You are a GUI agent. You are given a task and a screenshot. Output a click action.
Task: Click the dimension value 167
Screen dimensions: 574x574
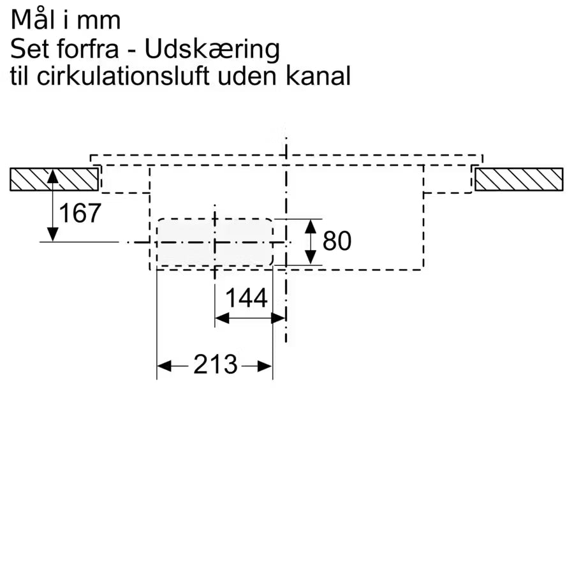coord(80,214)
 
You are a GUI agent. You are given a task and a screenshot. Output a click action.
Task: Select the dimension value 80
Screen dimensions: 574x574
coord(337,241)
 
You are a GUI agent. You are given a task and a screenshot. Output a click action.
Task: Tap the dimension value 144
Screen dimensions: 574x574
coord(246,298)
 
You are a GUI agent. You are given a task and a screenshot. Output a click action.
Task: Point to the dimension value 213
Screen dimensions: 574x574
coord(215,365)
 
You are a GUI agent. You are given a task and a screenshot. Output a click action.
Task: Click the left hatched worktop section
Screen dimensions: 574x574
coord(54,179)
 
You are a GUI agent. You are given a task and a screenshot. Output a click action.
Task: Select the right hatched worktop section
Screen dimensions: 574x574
coord(519,179)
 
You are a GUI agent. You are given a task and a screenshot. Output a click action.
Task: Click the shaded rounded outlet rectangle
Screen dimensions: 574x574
coord(215,242)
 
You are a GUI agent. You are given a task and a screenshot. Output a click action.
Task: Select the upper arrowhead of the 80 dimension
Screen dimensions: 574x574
coord(311,225)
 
